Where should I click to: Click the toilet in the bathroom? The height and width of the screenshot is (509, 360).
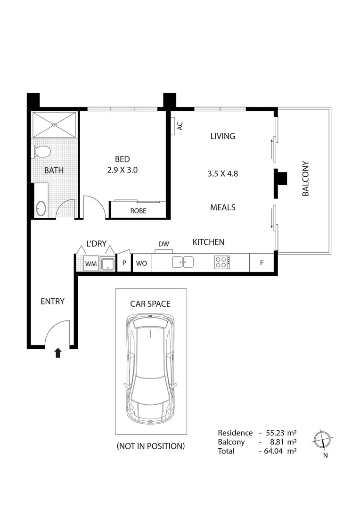42,152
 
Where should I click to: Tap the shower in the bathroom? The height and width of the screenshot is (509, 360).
54,125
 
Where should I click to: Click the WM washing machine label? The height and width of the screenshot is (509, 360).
90,264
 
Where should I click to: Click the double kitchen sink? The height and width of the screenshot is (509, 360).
183,262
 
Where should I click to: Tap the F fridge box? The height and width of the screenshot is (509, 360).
262,263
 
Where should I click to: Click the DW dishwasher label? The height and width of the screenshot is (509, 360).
164,244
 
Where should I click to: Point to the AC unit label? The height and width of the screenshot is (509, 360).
179,126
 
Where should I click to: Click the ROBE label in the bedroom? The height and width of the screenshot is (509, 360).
138,211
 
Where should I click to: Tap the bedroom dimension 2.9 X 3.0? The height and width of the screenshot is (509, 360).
122,170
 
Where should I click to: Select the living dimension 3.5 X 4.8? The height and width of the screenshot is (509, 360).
222,173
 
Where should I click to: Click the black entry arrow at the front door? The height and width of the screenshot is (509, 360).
58,353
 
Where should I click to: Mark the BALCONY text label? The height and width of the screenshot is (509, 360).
305,179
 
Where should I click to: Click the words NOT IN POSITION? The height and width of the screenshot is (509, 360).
151,446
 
